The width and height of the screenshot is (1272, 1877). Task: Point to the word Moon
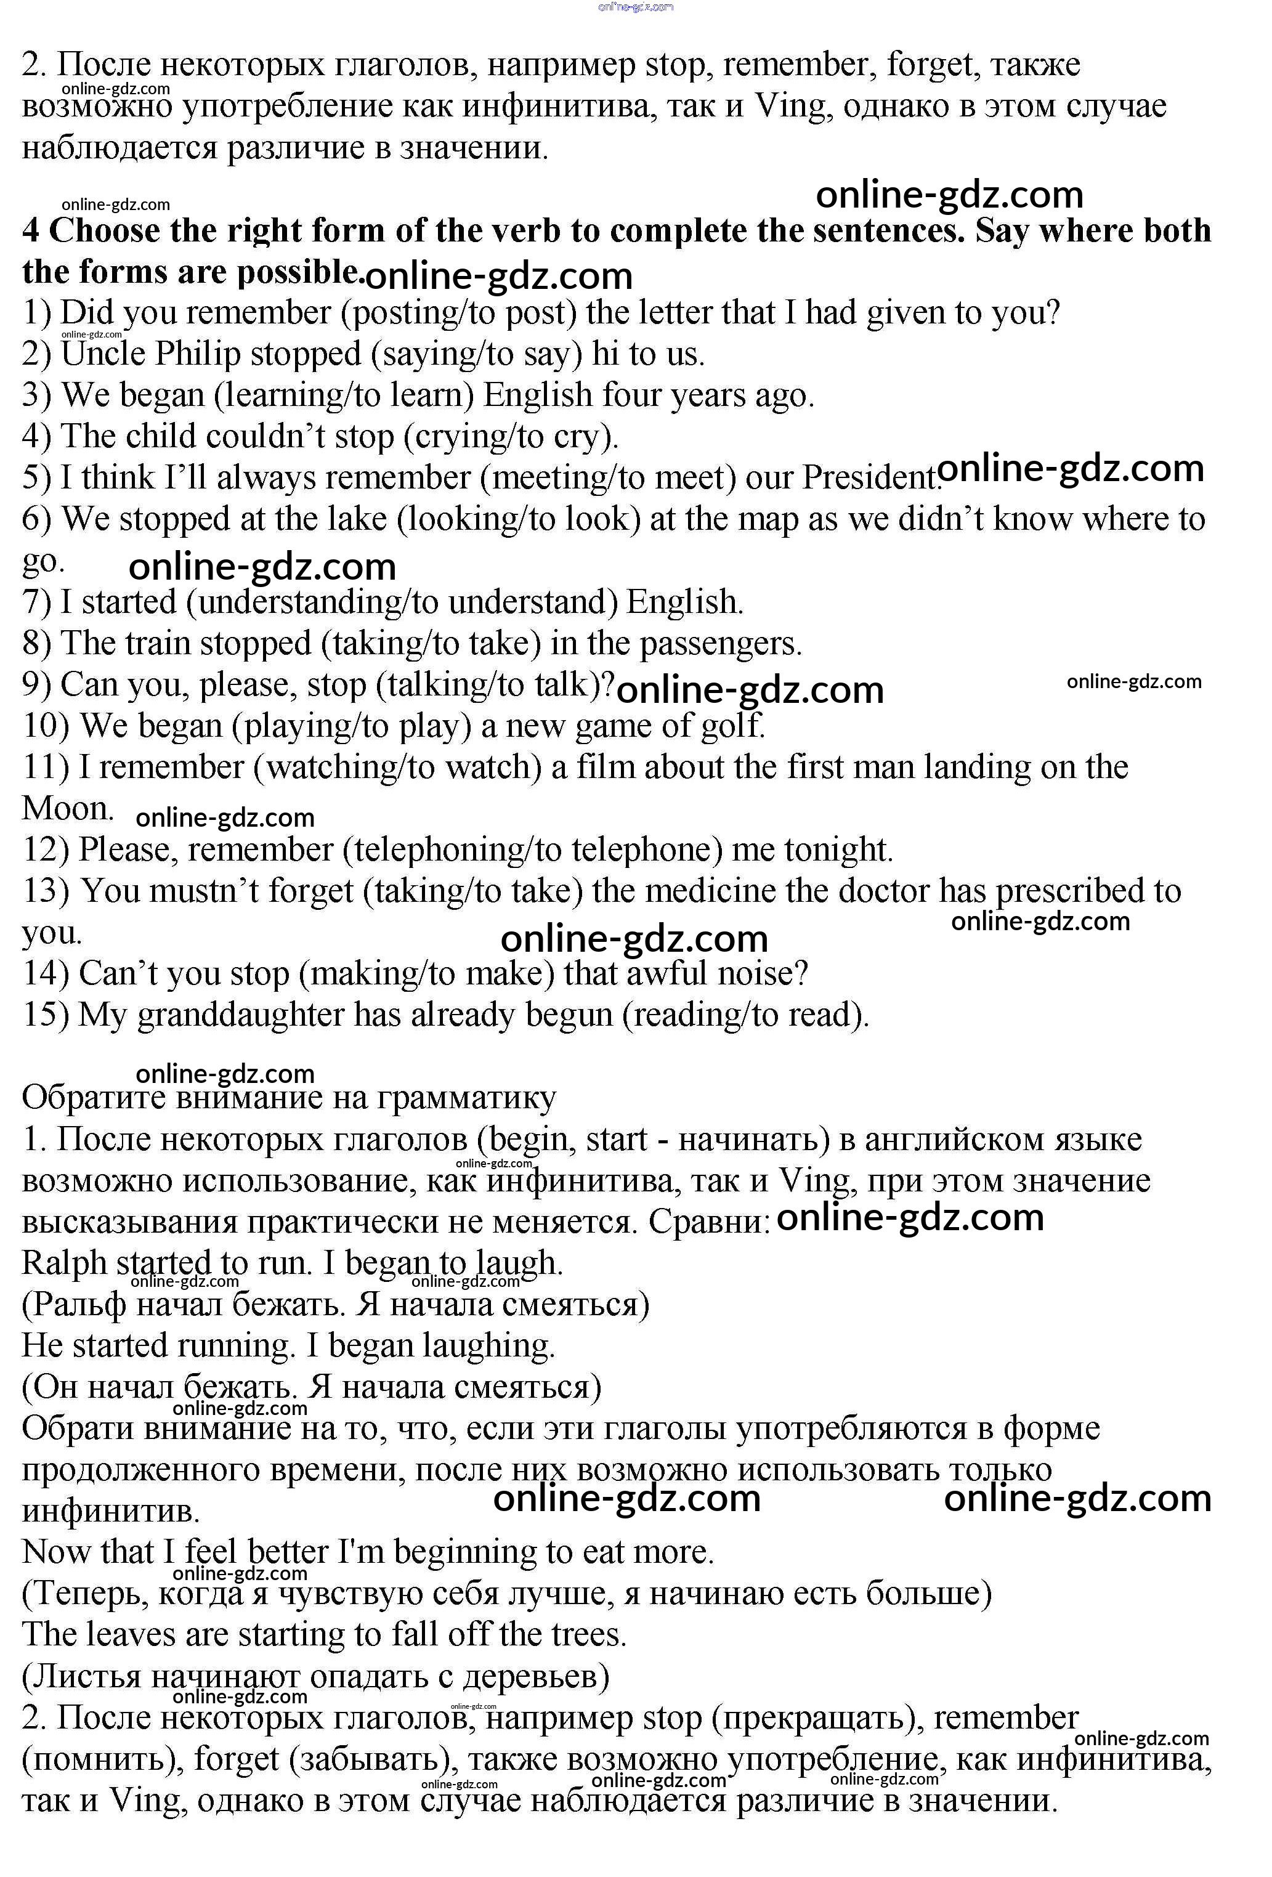pos(67,808)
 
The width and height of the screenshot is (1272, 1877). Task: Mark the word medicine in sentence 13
pos(708,891)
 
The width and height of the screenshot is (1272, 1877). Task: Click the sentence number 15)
pos(45,1016)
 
